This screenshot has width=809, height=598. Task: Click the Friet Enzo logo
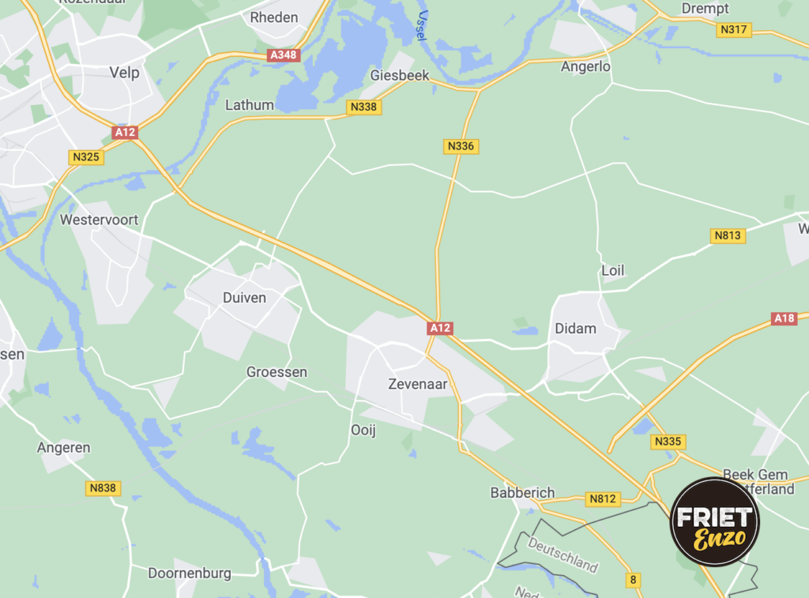pos(714,522)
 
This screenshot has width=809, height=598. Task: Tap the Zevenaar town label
pos(418,385)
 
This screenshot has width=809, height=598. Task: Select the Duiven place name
pos(244,298)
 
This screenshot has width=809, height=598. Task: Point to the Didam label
pos(575,328)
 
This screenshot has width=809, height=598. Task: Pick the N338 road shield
pos(363,107)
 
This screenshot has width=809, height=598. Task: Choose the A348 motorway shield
pos(282,55)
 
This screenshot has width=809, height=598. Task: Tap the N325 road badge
pos(86,156)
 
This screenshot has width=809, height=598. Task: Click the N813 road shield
pos(728,235)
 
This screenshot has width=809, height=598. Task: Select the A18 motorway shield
pos(785,318)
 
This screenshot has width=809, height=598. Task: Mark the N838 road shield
pos(103,487)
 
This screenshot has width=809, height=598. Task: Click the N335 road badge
pos(668,442)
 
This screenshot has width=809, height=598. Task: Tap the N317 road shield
pos(734,29)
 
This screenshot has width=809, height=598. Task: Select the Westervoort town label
pos(99,220)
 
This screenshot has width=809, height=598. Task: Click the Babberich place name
pos(522,492)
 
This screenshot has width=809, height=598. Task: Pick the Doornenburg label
pos(190,573)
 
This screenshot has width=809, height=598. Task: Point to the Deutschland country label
pos(563,555)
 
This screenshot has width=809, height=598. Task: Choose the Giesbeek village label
pos(400,76)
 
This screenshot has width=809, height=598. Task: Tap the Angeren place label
pos(63,448)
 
